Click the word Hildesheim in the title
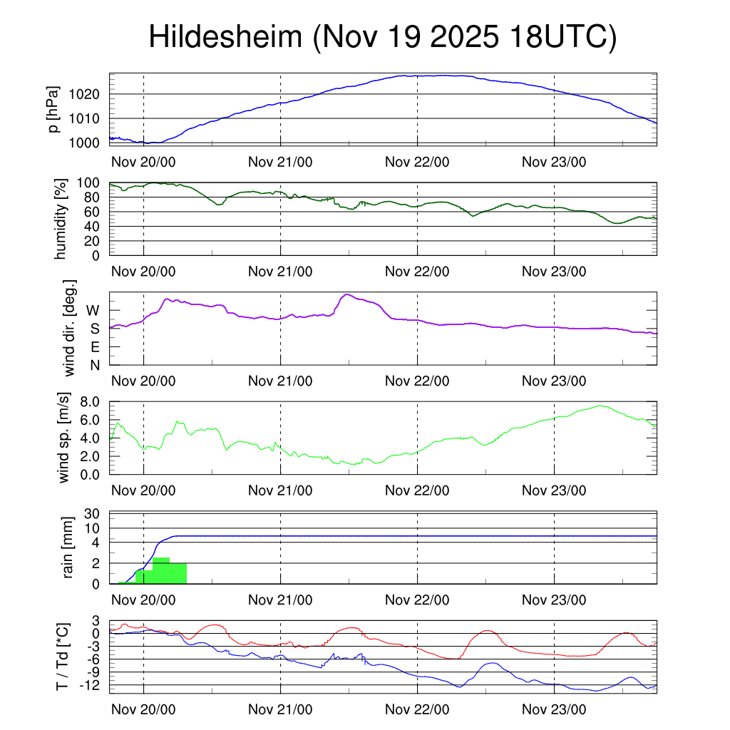(225, 38)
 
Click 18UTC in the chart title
(561, 38)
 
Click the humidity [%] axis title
(61, 219)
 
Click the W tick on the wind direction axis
(93, 310)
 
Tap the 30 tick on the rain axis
(93, 513)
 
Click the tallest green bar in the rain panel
(161, 570)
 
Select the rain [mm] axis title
(69, 547)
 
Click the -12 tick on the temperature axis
(89, 685)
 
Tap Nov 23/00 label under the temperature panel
(554, 710)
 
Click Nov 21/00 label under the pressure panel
(280, 162)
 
